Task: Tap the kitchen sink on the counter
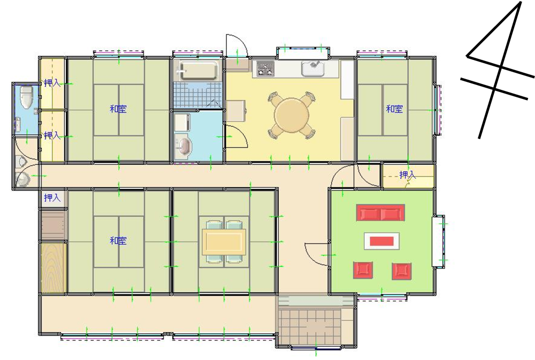(313, 68)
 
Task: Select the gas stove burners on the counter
(265, 68)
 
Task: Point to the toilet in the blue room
(26, 97)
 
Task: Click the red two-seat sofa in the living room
(381, 213)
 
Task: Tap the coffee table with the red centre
(382, 241)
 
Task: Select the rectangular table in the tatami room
(224, 242)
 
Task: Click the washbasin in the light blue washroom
(183, 146)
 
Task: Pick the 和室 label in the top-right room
(394, 109)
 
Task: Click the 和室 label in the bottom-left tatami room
(118, 241)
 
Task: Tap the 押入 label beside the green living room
(408, 175)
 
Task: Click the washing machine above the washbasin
(182, 122)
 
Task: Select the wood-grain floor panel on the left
(53, 267)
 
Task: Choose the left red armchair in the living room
(363, 270)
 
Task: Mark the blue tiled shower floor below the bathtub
(197, 95)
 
